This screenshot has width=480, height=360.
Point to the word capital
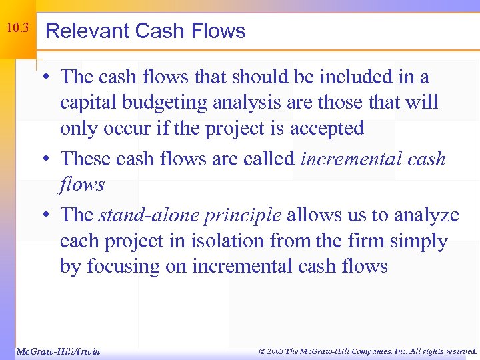coord(85,103)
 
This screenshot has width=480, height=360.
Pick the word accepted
coord(326,129)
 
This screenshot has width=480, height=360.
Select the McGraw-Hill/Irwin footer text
coord(58,351)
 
